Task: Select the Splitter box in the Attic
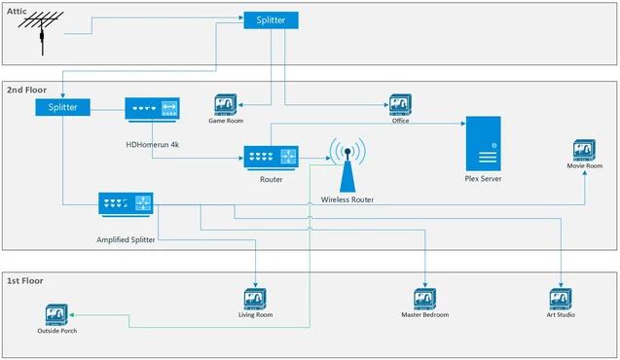(272, 19)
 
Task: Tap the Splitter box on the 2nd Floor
(63, 107)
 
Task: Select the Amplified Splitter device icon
(127, 204)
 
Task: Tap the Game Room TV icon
(226, 105)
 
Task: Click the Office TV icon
(400, 104)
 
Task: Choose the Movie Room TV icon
(585, 150)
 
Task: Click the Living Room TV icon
(254, 300)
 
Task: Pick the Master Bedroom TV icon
(424, 300)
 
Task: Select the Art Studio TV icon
(560, 300)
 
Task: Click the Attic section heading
(18, 10)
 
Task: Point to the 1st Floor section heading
(26, 281)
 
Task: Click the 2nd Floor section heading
(27, 90)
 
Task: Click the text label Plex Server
(483, 179)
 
